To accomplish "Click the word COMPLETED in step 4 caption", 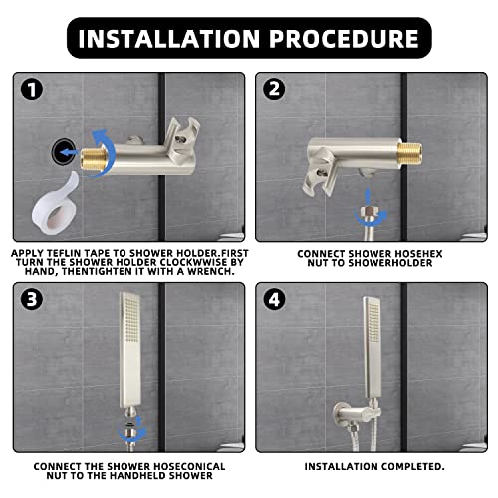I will [408, 465].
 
